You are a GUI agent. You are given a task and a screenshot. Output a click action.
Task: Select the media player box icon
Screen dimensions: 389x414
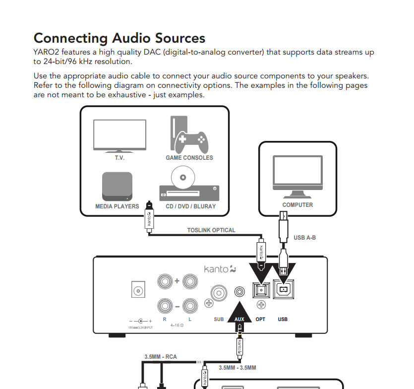[117, 186]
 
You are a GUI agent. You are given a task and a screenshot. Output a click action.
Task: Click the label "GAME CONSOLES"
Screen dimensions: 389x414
[189, 158]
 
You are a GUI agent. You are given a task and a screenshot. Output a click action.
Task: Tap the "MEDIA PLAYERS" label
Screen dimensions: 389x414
[117, 206]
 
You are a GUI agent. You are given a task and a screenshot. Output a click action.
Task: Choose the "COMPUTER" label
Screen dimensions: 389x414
[297, 205]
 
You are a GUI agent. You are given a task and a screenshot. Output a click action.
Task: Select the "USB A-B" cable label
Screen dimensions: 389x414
[304, 238]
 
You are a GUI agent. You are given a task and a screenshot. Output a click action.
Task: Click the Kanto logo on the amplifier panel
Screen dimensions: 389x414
[220, 269]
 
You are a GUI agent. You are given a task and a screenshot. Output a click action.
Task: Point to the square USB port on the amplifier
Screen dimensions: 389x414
[283, 290]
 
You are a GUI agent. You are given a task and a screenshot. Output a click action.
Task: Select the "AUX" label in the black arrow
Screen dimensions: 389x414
[240, 319]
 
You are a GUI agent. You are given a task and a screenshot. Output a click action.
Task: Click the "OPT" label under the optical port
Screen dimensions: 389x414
[261, 319]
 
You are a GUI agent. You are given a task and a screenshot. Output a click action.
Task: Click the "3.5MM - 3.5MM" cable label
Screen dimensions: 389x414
[237, 368]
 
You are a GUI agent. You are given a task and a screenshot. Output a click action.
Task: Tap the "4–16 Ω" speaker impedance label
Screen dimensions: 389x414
[177, 325]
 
